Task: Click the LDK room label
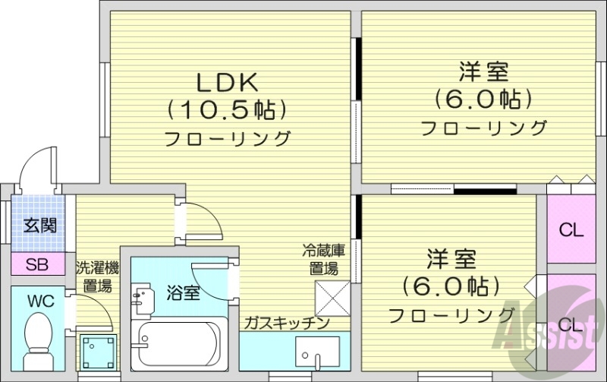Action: [x=228, y=81]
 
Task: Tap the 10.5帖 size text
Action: [x=228, y=109]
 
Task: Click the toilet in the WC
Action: [x=38, y=340]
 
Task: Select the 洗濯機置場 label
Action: [x=97, y=277]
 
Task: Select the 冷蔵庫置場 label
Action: [x=324, y=259]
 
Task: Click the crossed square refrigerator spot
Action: [x=332, y=297]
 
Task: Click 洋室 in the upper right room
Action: [x=483, y=74]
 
